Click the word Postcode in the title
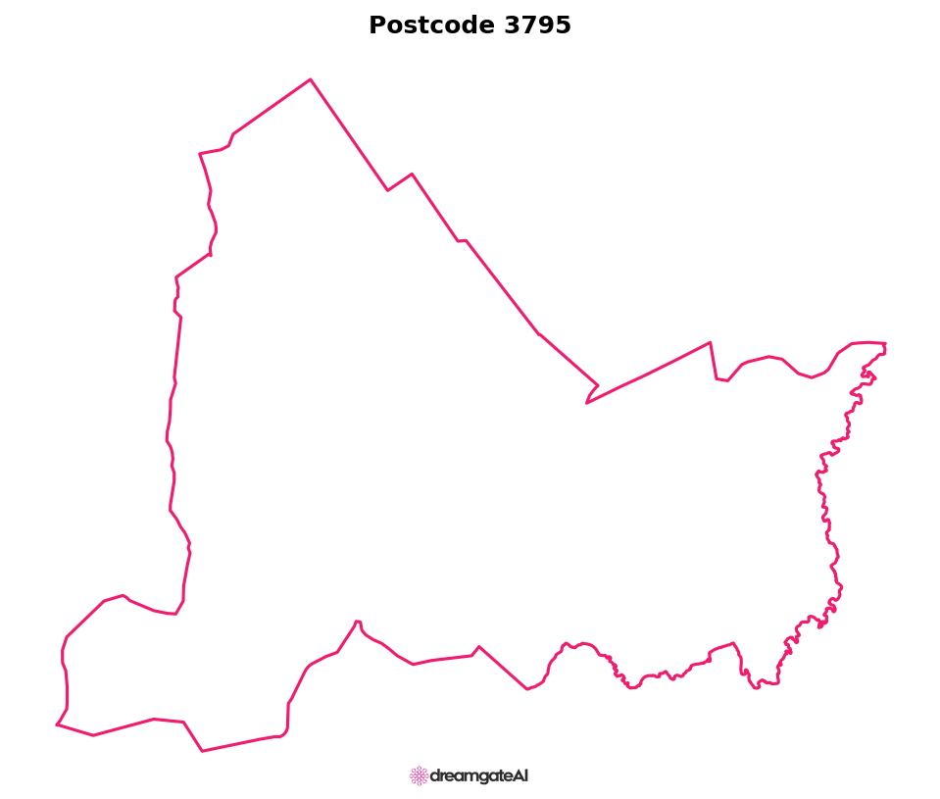[x=432, y=26]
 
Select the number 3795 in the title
[x=537, y=26]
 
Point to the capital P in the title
[x=377, y=26]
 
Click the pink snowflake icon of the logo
[x=419, y=776]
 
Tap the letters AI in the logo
[x=520, y=775]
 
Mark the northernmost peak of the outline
[x=311, y=79]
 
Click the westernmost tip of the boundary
[x=57, y=724]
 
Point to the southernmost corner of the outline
[x=202, y=751]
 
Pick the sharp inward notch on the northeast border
[x=587, y=402]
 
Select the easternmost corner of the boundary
[x=885, y=344]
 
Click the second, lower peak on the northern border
[x=412, y=174]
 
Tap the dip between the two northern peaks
[x=388, y=190]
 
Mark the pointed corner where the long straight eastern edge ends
[x=711, y=342]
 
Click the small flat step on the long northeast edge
[x=462, y=240]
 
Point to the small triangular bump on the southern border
[x=478, y=647]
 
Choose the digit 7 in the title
[x=527, y=26]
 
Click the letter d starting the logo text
[x=435, y=776]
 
